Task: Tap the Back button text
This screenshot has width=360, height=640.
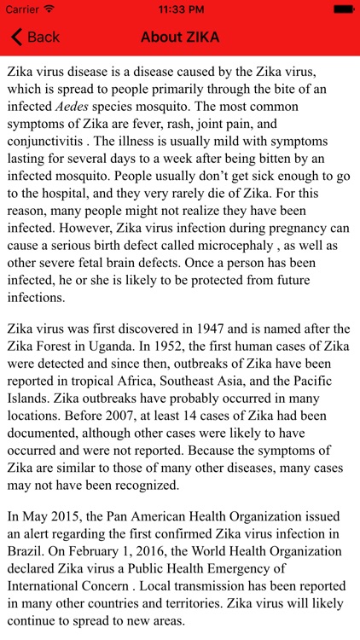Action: [44, 37]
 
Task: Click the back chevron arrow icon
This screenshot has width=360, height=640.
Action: [15, 37]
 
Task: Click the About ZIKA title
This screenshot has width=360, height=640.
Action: [179, 37]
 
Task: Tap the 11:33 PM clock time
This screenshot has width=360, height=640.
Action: [179, 9]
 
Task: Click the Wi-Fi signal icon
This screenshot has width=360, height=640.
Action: [49, 9]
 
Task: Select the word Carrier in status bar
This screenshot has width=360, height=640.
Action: [22, 9]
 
